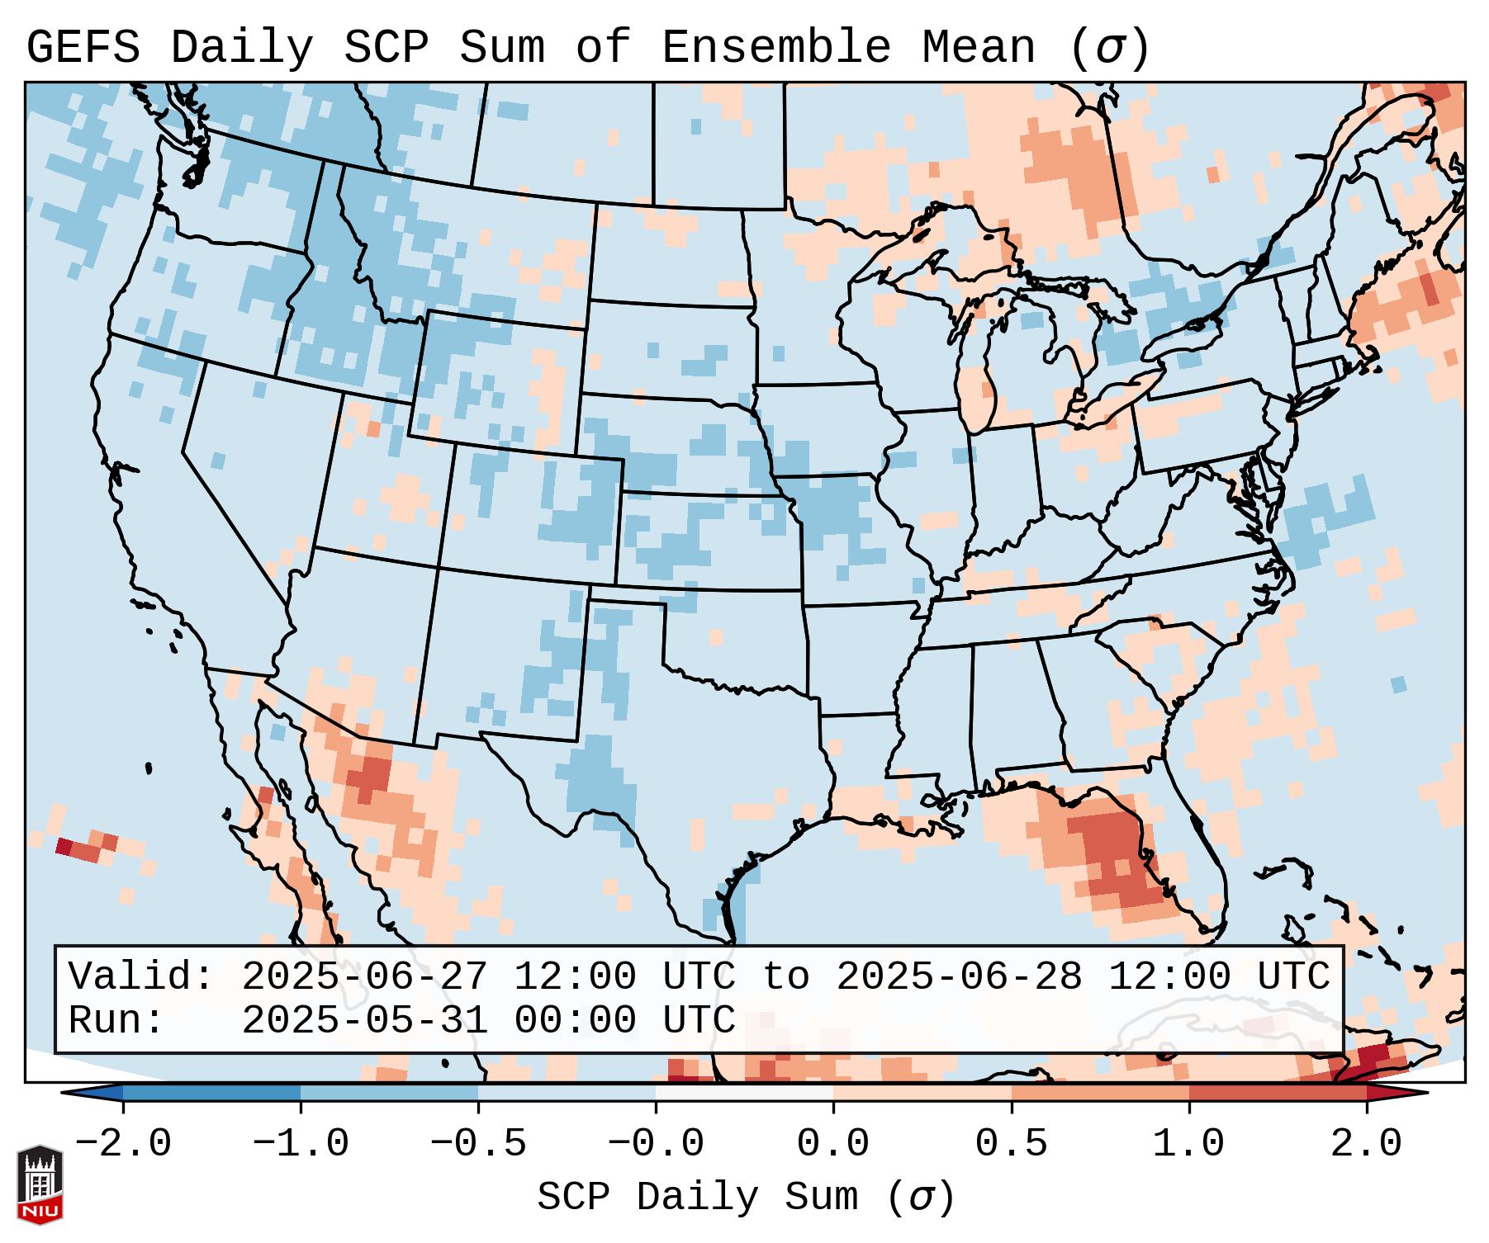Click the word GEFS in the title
tap(83, 48)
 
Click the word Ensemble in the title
tap(775, 48)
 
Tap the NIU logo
tap(40, 1184)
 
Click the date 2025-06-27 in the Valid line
tap(364, 977)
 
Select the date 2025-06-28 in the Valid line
tap(959, 977)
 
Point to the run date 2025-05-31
tap(364, 1021)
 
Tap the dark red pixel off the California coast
tap(64, 846)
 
